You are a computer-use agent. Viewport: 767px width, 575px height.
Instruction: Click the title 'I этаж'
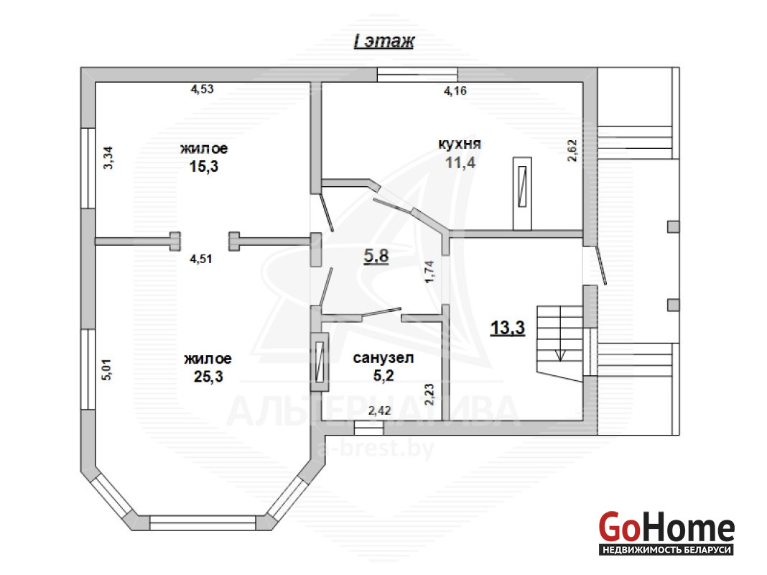point(384,41)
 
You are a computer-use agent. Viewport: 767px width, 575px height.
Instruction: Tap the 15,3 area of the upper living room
point(203,167)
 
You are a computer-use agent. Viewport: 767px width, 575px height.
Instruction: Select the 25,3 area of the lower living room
point(208,377)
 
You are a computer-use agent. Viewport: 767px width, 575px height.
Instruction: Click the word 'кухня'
point(460,144)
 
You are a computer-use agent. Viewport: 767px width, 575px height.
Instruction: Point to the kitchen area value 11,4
point(460,162)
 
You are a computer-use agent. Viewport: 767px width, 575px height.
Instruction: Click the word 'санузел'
point(383,358)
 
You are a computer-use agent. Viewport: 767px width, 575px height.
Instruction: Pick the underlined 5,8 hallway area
point(376,255)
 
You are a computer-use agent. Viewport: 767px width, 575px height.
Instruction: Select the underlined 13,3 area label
point(508,328)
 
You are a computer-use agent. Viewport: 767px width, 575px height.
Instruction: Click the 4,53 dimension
point(202,89)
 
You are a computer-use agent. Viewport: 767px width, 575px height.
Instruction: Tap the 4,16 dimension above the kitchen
point(455,91)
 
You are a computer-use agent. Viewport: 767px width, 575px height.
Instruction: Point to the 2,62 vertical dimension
point(573,151)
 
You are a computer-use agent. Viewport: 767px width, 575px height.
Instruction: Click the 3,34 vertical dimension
point(108,158)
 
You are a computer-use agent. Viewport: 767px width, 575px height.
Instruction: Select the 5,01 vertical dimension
point(106,370)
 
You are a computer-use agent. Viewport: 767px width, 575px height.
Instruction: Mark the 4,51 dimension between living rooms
point(201,259)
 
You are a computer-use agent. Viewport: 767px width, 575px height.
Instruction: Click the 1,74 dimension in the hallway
point(429,272)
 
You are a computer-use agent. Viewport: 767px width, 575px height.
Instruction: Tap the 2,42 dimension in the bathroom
point(380,410)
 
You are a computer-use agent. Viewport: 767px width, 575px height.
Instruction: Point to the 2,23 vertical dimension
point(429,395)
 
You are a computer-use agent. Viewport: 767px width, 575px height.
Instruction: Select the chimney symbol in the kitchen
point(522,193)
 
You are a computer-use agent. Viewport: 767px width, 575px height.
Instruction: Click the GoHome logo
point(666,533)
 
